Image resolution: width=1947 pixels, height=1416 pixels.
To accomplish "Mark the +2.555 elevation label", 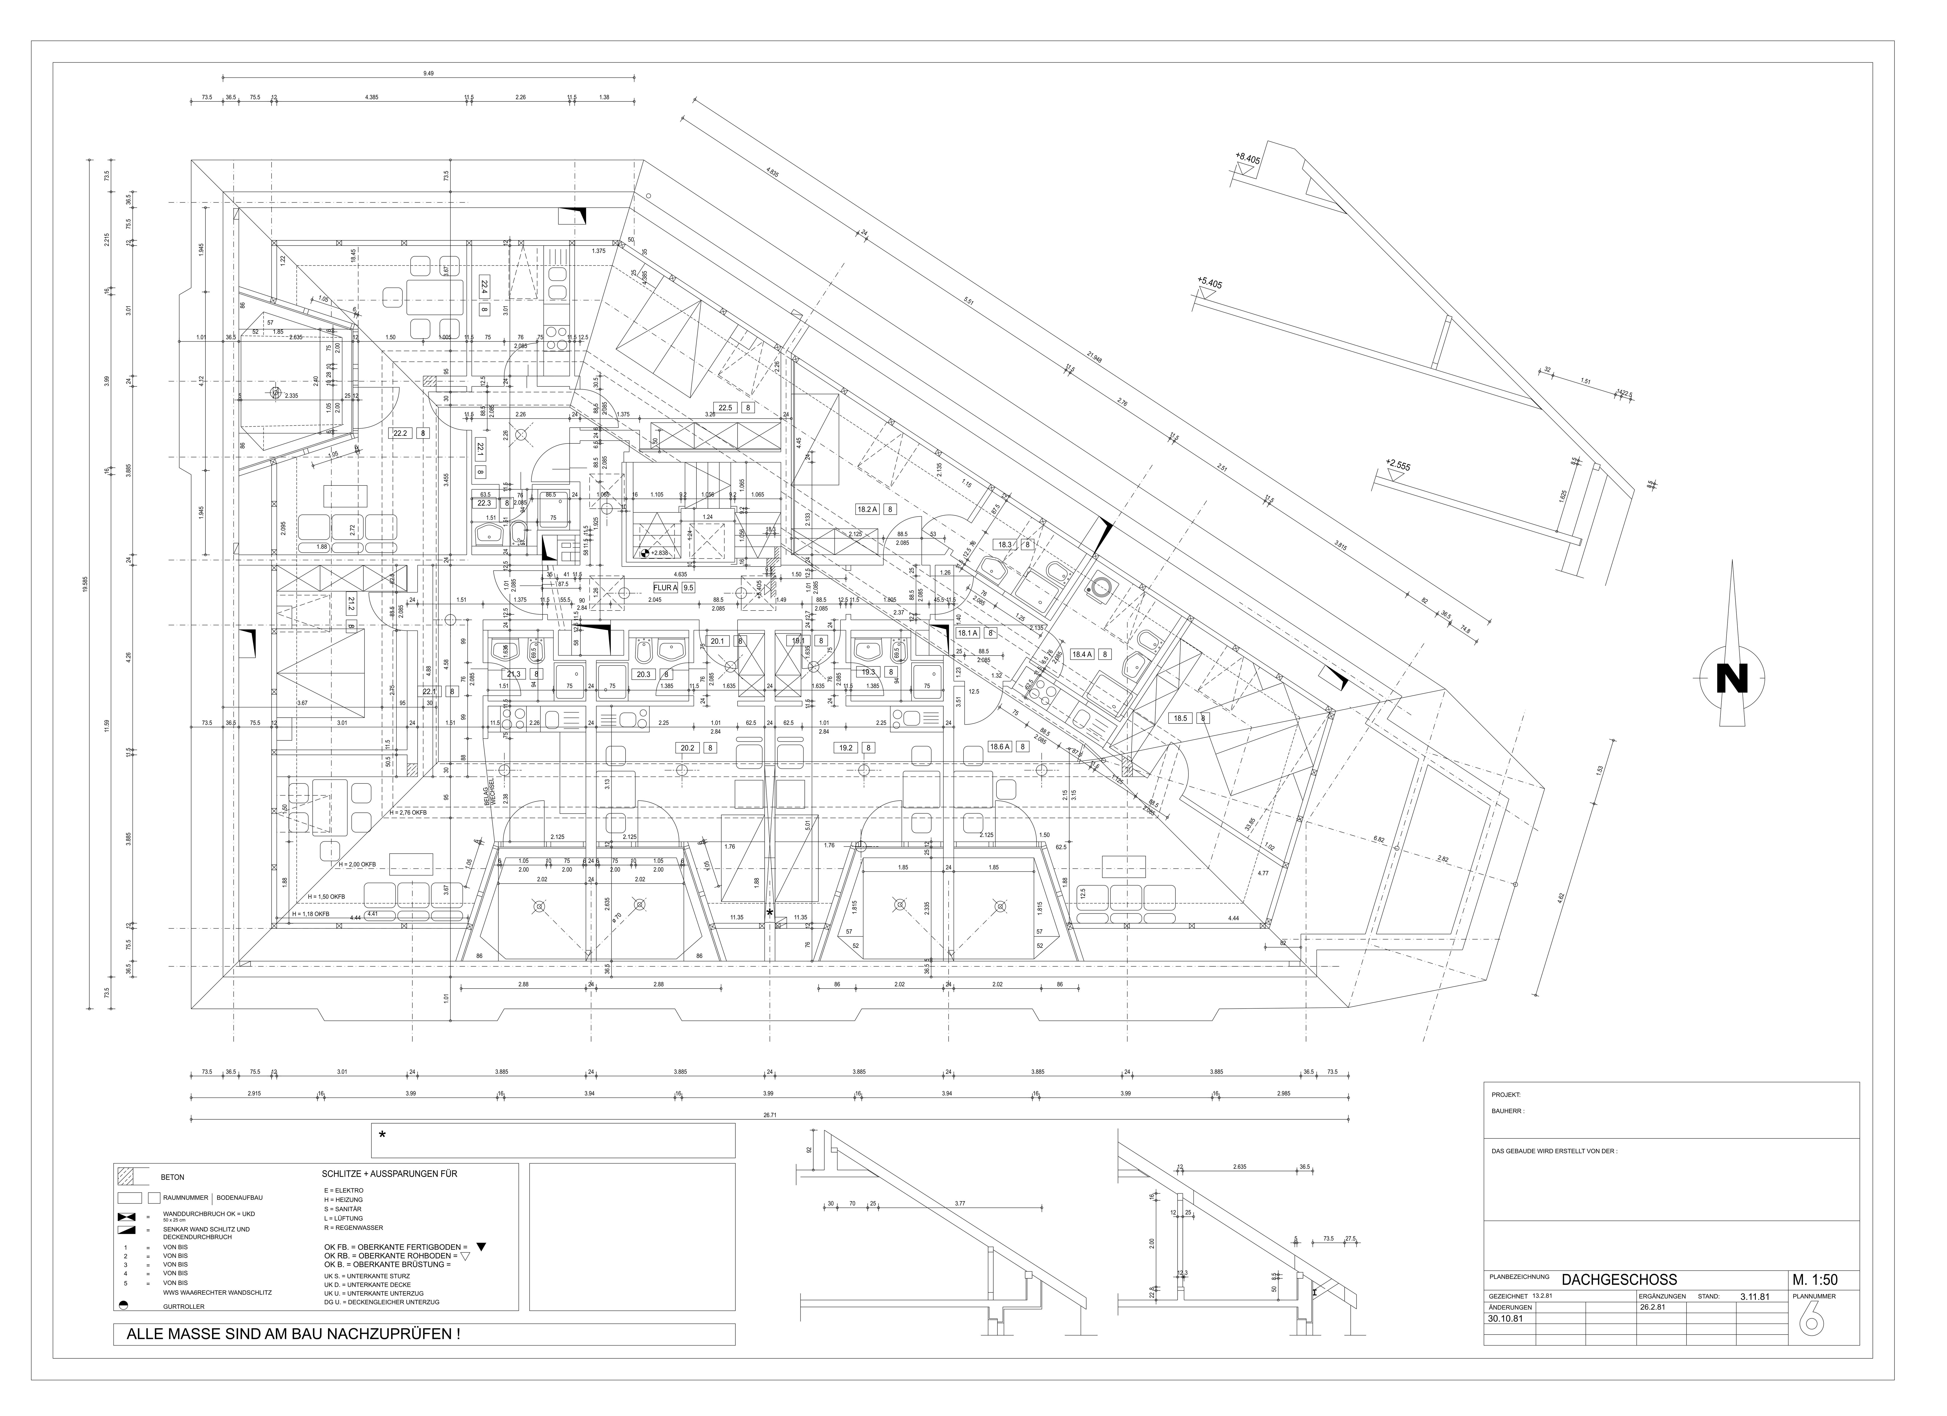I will click(x=1397, y=466).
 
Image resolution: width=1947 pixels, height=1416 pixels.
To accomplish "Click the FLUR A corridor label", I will click(x=665, y=588).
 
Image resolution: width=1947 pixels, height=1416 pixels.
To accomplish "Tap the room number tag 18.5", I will click(x=1181, y=718).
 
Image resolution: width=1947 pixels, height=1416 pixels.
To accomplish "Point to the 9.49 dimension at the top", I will click(x=428, y=74).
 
